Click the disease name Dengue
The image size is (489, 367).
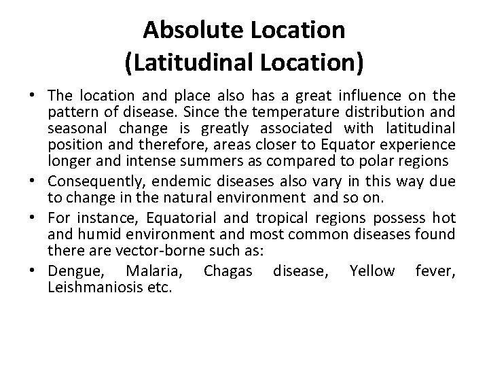pos(71,272)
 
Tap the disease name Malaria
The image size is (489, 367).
pos(153,272)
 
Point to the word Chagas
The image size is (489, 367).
pos(227,271)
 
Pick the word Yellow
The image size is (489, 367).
pos(372,271)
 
